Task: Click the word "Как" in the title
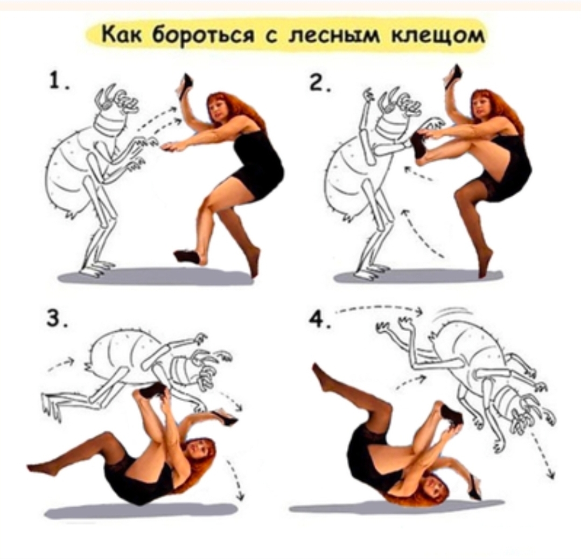[123, 35]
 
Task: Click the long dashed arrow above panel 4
[379, 308]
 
